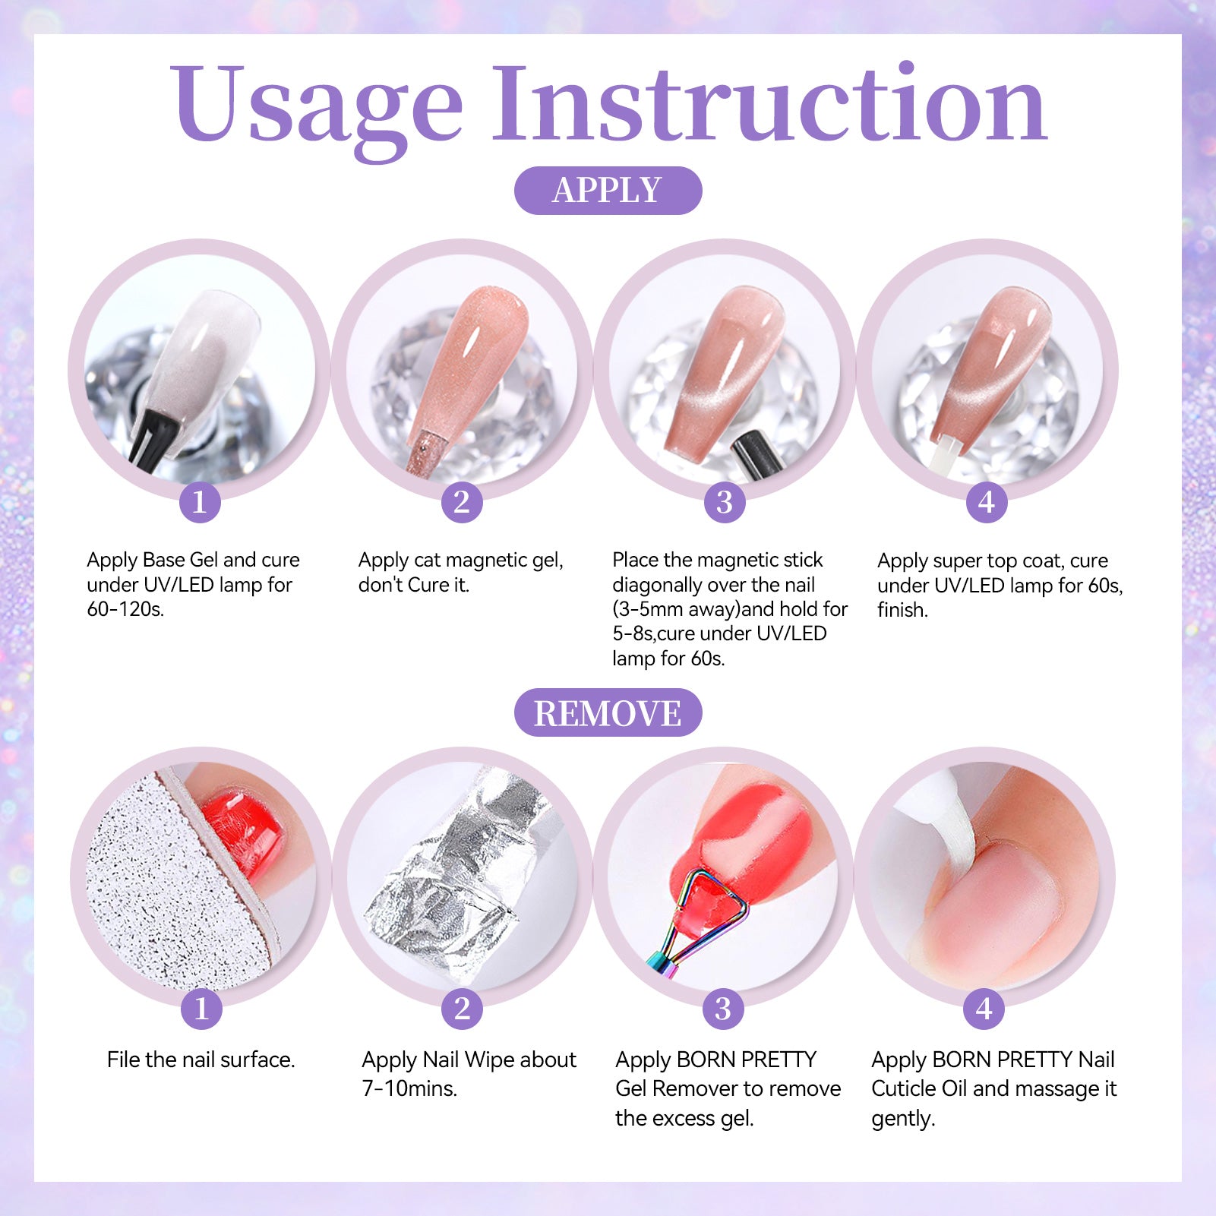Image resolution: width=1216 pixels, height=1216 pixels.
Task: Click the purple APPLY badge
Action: pyautogui.click(x=608, y=190)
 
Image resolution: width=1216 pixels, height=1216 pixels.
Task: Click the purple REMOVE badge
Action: pyautogui.click(x=608, y=712)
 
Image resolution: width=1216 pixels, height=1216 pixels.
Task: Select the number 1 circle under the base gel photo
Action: pyautogui.click(x=200, y=502)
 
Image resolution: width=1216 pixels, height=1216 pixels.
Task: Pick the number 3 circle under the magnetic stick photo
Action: pyautogui.click(x=724, y=502)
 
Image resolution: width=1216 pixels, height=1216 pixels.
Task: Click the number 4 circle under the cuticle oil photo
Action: pyautogui.click(x=984, y=1009)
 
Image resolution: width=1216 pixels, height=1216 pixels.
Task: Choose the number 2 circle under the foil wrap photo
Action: pyautogui.click(x=462, y=1009)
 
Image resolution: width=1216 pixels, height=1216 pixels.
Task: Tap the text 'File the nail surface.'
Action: pyautogui.click(x=201, y=1060)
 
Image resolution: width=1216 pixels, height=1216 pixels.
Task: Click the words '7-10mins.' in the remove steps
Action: pyautogui.click(x=409, y=1088)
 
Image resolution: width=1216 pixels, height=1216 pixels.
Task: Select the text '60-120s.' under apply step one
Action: pyautogui.click(x=125, y=609)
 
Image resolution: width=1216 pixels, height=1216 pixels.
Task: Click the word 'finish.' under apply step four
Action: pyautogui.click(x=902, y=610)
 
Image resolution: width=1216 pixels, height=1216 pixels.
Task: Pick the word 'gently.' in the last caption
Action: pyautogui.click(x=903, y=1120)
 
